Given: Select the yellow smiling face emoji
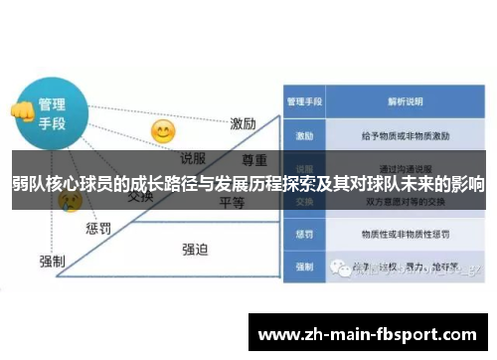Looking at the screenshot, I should pyautogui.click(x=162, y=131).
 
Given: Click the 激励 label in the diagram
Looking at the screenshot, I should pyautogui.click(x=244, y=123).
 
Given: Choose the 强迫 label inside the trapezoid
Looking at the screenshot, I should pyautogui.click(x=195, y=249).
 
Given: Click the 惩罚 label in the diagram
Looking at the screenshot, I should pyautogui.click(x=98, y=229).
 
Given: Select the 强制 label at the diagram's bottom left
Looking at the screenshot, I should pyautogui.click(x=52, y=261).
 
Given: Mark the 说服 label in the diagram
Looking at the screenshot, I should pyautogui.click(x=193, y=156).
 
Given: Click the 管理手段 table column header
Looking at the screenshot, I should pyautogui.click(x=303, y=100).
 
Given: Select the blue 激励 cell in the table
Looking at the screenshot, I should pyautogui.click(x=303, y=133).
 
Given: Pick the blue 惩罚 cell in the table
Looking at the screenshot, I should pyautogui.click(x=303, y=235).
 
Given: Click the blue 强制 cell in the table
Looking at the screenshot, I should pyautogui.click(x=303, y=267).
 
